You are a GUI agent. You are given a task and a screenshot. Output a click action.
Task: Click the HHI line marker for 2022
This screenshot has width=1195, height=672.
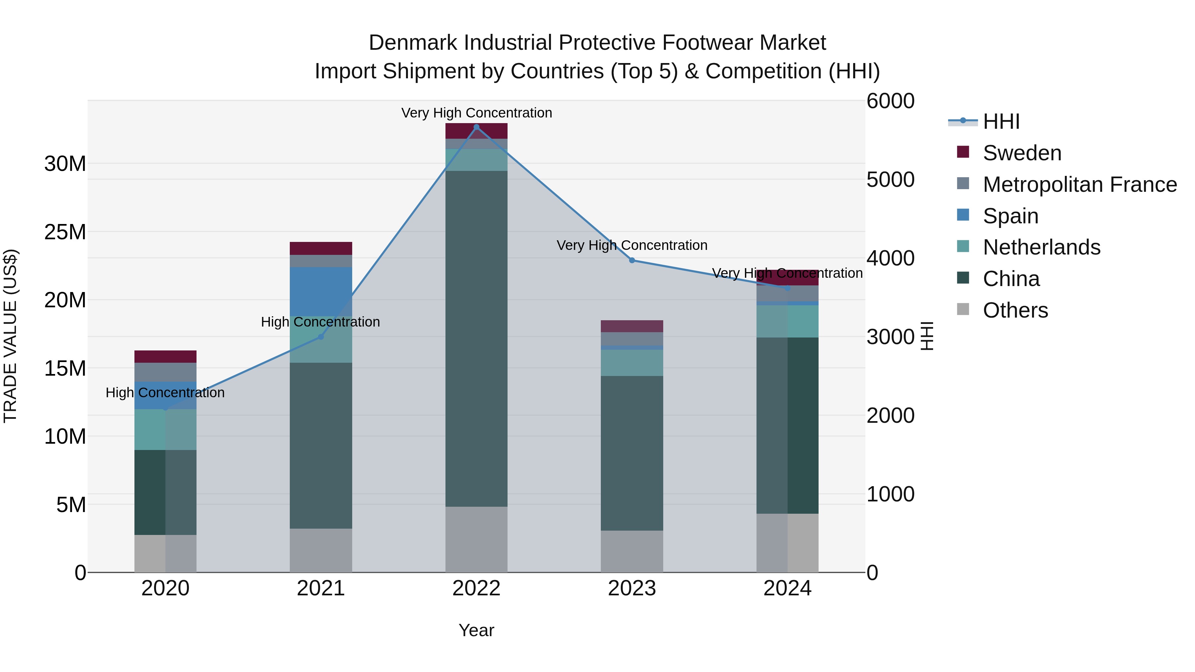tap(476, 127)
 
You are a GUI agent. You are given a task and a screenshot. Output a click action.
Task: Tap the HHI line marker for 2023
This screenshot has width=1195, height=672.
tap(632, 260)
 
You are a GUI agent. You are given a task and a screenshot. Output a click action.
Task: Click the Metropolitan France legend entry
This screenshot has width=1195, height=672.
tap(1079, 185)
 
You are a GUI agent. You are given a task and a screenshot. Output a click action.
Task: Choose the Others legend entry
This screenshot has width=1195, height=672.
tap(1015, 310)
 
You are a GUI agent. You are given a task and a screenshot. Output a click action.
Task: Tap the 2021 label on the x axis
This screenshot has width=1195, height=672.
tap(321, 588)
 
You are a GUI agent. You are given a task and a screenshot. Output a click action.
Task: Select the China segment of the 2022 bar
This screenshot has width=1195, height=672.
tap(476, 338)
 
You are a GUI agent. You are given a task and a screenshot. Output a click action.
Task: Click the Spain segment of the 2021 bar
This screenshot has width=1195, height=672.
tap(321, 291)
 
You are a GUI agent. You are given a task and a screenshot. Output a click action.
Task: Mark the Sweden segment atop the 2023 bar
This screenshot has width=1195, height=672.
tap(632, 326)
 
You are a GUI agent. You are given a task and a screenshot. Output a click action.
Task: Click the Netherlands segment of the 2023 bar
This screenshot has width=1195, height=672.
tap(632, 363)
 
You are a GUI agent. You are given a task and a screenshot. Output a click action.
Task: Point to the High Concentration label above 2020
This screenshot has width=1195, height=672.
tap(165, 393)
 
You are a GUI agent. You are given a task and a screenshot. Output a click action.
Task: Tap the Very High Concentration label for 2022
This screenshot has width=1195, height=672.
tap(476, 113)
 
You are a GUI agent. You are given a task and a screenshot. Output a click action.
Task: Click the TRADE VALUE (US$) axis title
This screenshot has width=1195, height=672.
tap(10, 336)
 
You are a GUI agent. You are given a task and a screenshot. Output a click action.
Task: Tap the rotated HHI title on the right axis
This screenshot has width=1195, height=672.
tap(926, 336)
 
